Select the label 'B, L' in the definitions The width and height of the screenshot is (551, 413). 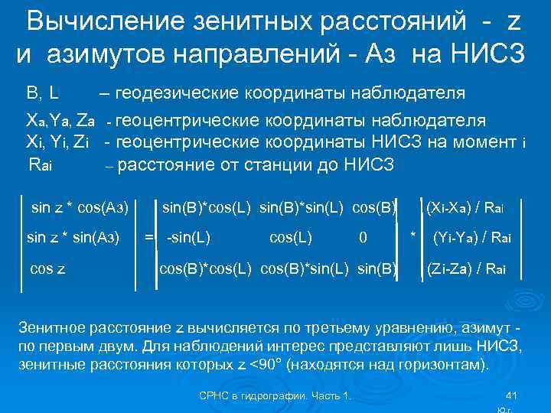coord(44,94)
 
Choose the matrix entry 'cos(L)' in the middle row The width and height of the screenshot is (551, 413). coord(291,238)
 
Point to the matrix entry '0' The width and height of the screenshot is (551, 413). coord(363,238)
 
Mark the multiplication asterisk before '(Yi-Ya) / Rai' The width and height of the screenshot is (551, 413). coord(413,233)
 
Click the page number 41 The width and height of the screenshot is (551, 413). coord(513,395)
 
